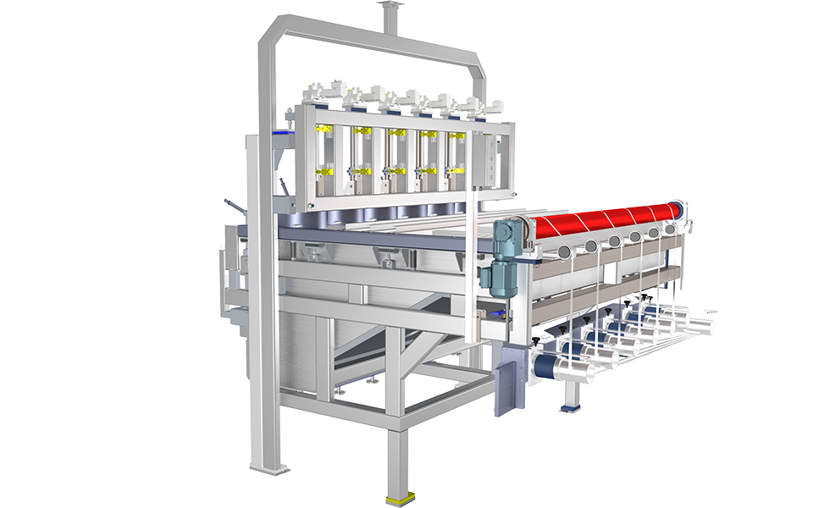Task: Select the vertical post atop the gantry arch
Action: coord(389,17)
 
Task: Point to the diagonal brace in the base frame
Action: coord(373,339)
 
